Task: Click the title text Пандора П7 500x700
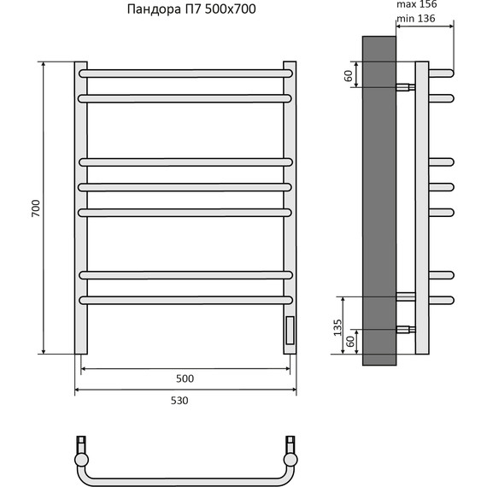click(x=191, y=9)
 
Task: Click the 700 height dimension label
click(x=36, y=208)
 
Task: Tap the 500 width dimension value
click(x=185, y=378)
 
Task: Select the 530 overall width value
click(x=179, y=401)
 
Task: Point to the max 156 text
click(x=417, y=4)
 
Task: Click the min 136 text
click(x=416, y=19)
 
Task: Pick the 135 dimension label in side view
click(x=337, y=327)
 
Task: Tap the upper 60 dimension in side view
click(x=349, y=75)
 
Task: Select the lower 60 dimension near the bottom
click(x=350, y=342)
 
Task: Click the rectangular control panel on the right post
click(x=290, y=330)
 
